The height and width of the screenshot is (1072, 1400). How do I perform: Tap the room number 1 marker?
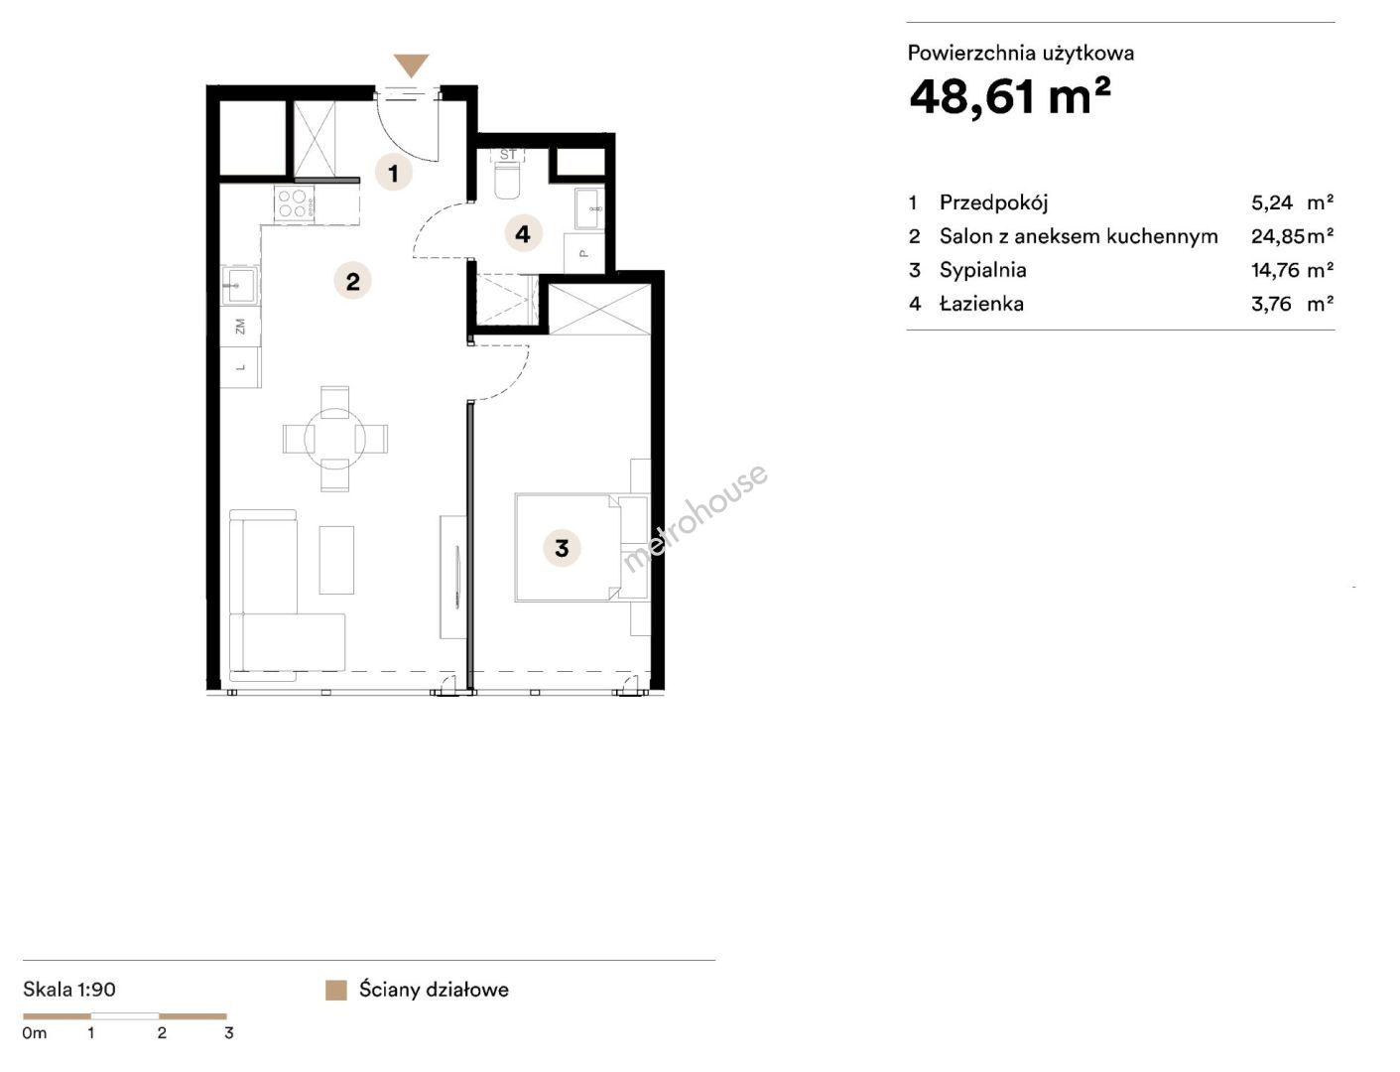394,173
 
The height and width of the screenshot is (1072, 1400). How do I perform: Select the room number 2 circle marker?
352,281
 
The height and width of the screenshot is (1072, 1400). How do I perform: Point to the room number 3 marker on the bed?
562,548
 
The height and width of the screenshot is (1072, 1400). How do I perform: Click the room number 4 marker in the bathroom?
523,233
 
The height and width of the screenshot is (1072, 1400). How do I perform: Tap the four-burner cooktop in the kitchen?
294,202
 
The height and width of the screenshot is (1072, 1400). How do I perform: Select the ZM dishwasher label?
240,327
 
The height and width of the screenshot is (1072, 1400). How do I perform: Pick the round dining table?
334,439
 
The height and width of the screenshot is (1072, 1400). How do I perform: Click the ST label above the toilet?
508,155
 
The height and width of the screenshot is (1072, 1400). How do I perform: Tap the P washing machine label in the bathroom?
583,253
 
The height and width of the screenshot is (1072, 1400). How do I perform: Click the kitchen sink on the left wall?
240,285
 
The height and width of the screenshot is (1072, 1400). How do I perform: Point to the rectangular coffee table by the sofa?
336,560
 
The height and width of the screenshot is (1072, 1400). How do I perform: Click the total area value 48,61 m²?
1010,97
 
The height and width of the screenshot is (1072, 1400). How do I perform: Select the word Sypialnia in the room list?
983,270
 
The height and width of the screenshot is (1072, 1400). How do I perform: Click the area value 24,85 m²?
1292,236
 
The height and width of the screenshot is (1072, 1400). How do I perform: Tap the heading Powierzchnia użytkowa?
1021,53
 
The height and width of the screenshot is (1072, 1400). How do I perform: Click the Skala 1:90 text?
69,989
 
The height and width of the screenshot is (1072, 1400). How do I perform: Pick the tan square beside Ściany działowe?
336,991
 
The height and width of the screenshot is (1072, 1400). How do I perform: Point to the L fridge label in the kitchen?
240,367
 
